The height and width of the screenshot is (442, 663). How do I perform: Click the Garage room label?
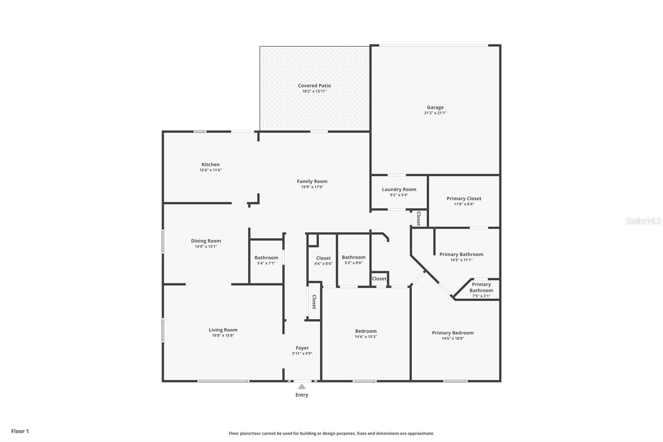[x=435, y=107]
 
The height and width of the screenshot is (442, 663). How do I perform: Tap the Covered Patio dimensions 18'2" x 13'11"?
[x=314, y=91]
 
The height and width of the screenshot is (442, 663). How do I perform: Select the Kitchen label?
[x=211, y=165]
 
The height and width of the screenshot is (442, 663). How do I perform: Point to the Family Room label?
[x=312, y=181]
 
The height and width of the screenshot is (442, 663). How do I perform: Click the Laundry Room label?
[x=399, y=189]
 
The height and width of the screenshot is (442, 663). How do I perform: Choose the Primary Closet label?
[x=464, y=199]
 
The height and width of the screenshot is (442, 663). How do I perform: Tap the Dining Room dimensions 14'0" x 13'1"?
[x=206, y=246]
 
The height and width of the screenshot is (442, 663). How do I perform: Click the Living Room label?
[x=223, y=330]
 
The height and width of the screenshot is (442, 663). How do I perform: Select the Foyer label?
[x=302, y=348]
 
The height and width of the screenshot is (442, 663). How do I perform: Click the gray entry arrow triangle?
[x=302, y=386]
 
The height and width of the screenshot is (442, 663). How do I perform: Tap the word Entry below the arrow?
[x=302, y=395]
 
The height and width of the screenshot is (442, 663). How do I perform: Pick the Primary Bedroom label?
[x=452, y=333]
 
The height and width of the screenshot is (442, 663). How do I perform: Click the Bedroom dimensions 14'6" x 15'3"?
[x=365, y=337]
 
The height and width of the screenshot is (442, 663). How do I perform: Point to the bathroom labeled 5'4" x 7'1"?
[x=266, y=260]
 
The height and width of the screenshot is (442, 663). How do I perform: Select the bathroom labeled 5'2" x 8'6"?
[x=353, y=260]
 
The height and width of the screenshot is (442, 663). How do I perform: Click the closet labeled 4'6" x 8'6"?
[x=323, y=260]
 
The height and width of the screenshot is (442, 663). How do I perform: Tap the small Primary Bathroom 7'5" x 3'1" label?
[x=481, y=290]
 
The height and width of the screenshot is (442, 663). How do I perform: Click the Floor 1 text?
[x=20, y=431]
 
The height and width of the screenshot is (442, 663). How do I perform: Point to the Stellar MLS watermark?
[x=643, y=221]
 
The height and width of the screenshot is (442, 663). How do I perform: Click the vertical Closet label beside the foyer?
[x=314, y=302]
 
